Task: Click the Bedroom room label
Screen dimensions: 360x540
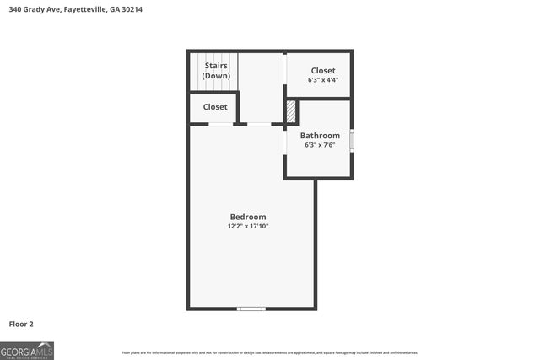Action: pos(248,217)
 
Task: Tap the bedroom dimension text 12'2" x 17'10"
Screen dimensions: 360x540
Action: pos(248,226)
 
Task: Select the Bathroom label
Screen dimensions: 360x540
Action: pos(320,136)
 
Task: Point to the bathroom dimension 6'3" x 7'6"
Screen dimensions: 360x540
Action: pos(320,145)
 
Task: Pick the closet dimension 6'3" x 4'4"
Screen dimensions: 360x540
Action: pos(322,81)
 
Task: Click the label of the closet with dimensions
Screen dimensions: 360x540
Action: pos(322,71)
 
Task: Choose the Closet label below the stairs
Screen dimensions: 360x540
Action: pos(214,107)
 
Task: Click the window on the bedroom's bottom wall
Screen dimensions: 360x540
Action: pos(251,309)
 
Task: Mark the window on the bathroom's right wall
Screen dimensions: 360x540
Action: pos(352,139)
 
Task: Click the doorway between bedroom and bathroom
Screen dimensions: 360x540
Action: pos(284,141)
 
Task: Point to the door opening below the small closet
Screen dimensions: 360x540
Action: pos(221,125)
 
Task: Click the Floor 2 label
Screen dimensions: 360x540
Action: pos(21,324)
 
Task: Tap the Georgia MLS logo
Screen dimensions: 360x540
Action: pos(27,351)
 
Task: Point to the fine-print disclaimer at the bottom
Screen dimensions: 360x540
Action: pos(269,352)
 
